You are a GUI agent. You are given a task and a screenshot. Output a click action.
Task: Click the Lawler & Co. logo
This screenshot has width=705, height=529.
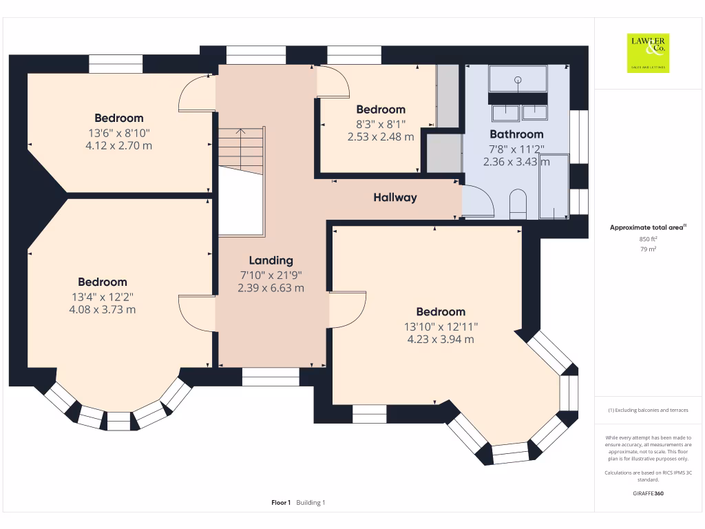point(648,53)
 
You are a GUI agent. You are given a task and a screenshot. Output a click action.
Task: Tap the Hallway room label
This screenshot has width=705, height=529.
point(395,198)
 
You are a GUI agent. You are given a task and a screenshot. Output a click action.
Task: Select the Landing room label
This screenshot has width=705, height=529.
point(271,260)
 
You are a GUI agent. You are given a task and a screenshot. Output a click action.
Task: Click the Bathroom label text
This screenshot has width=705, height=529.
point(516,134)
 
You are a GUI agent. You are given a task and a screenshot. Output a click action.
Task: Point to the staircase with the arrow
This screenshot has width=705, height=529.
point(241,150)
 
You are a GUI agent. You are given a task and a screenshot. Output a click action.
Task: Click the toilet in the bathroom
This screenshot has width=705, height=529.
point(518,204)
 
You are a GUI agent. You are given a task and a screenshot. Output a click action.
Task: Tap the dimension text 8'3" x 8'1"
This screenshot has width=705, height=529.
point(381,124)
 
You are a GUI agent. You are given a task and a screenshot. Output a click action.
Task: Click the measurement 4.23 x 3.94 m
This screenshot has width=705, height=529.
point(441,340)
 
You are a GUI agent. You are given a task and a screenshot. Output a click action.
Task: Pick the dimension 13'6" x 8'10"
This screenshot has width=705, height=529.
point(119,133)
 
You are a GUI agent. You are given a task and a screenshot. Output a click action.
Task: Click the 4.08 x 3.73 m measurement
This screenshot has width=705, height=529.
point(103,309)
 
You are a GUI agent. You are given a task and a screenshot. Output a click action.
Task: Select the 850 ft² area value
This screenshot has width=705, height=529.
point(648,239)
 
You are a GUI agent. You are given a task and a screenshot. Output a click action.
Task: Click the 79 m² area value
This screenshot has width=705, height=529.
point(648,249)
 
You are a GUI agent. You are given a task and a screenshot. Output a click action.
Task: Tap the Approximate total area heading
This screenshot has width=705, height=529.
point(648,227)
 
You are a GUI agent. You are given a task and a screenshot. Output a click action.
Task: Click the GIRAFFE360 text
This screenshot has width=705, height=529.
point(648,493)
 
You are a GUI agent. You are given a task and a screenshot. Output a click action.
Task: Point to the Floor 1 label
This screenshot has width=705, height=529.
point(281,502)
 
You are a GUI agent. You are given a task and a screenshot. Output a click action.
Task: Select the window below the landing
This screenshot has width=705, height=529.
point(271,377)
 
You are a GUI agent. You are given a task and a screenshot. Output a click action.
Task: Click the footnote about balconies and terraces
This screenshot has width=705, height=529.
point(648,411)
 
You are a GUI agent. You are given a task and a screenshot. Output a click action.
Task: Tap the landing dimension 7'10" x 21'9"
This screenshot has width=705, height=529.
point(271,276)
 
